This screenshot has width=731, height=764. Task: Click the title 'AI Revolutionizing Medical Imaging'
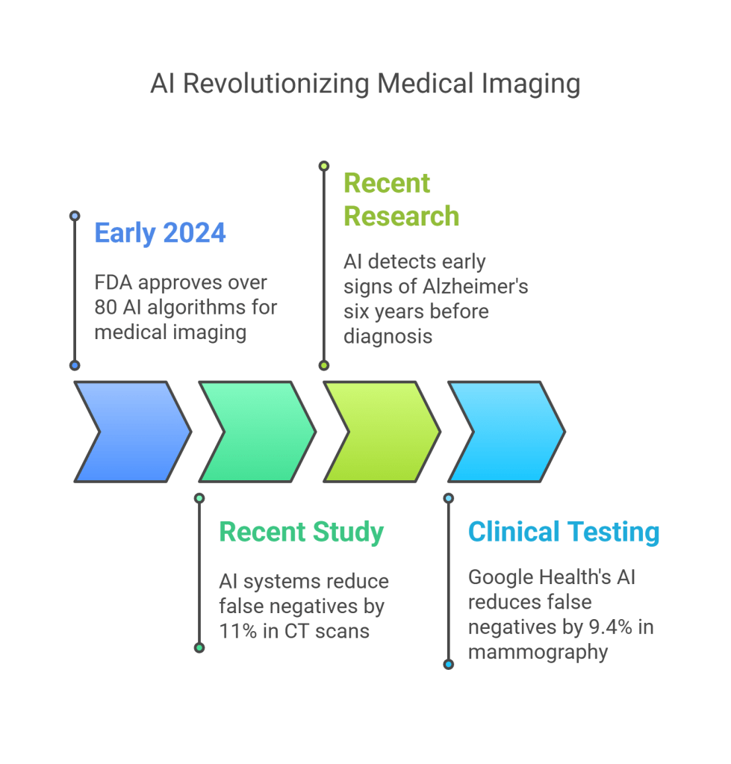tap(365, 84)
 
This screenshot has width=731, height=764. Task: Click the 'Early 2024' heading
tap(160, 234)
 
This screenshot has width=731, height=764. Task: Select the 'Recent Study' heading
tap(301, 532)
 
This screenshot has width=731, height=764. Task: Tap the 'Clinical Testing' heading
tap(564, 532)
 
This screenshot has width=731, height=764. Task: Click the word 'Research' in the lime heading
tap(401, 217)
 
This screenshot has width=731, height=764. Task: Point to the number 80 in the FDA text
tap(105, 308)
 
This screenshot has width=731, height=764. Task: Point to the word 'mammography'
tap(538, 652)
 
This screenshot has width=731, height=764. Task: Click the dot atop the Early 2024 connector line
tap(74, 216)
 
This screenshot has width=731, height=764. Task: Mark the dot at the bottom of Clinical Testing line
tap(448, 664)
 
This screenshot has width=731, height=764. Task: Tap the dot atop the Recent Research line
tap(323, 166)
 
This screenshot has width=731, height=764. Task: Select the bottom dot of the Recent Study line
tap(199, 647)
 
